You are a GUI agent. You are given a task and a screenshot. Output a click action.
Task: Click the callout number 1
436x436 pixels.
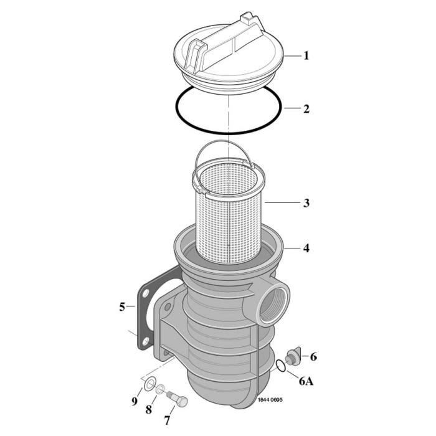tap(306, 55)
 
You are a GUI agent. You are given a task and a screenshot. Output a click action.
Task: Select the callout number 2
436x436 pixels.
tap(306, 109)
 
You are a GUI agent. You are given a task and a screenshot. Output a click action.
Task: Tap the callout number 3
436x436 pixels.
tap(306, 203)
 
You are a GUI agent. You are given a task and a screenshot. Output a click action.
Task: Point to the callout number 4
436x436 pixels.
tap(306, 248)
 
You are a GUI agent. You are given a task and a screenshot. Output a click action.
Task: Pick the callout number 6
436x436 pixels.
tap(313, 357)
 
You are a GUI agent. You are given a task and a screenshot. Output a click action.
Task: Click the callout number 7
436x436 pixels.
tap(166, 420)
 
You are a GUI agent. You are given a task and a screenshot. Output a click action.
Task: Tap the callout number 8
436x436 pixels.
tap(149, 409)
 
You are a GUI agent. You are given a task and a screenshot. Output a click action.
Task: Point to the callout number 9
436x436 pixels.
tap(134, 401)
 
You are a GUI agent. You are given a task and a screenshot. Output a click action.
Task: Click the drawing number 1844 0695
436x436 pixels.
tap(270, 399)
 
